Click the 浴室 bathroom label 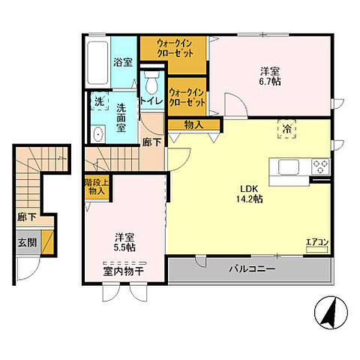124,62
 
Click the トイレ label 153,100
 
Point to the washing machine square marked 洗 99,100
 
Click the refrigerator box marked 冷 287,128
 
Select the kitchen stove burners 320,166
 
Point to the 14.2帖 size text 250,199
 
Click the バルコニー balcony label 253,268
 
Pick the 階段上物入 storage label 96,186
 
